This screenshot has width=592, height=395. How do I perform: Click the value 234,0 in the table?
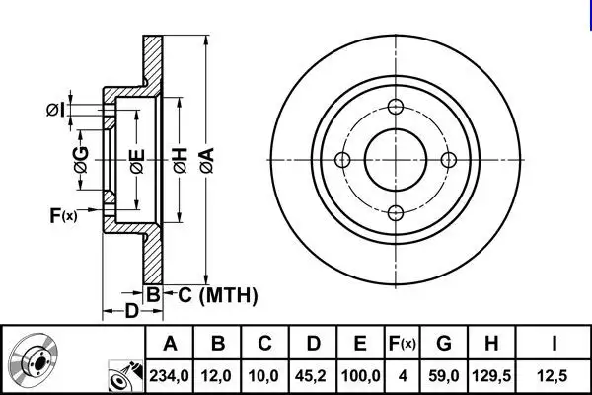169,376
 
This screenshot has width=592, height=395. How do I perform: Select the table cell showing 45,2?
312,376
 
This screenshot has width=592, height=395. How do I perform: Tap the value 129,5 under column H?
491,376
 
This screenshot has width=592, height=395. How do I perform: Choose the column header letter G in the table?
444,344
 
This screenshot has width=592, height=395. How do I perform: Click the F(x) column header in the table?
403,344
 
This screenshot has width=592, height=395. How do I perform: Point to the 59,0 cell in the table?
444,376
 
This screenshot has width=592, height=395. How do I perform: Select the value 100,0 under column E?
360,376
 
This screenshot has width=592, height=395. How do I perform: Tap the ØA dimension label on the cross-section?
207,161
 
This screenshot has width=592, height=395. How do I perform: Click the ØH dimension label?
181,161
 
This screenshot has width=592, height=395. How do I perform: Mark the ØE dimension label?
137,161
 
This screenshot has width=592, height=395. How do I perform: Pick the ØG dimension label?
81,160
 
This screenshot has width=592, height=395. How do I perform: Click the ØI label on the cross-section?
55,110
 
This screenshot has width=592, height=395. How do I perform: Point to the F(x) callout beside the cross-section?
63,215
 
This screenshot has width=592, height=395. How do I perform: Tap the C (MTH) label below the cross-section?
218,295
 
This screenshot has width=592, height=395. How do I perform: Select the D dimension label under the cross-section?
132,311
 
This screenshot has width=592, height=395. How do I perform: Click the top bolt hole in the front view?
396,107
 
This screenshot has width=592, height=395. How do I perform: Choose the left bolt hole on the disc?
342,160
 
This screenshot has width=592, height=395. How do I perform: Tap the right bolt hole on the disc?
449,160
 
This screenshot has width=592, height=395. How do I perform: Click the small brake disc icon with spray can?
125,376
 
